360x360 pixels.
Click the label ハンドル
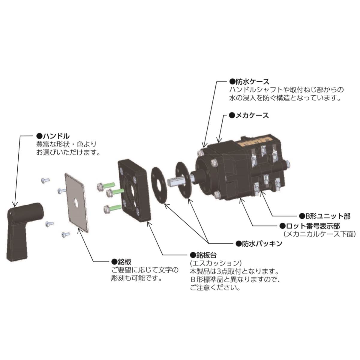55,136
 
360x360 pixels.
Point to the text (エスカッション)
215,263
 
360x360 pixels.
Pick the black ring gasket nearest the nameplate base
159,186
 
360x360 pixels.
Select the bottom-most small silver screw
65,234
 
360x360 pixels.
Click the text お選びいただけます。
68,152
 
